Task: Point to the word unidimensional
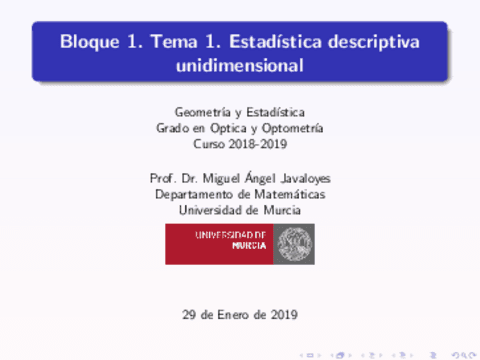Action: pos(239,66)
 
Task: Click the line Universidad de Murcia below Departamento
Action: pos(239,210)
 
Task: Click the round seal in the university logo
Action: pos(293,244)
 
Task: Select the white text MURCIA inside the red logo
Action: pos(249,246)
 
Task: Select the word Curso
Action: pos(222,144)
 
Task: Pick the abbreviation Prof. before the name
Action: pos(162,178)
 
